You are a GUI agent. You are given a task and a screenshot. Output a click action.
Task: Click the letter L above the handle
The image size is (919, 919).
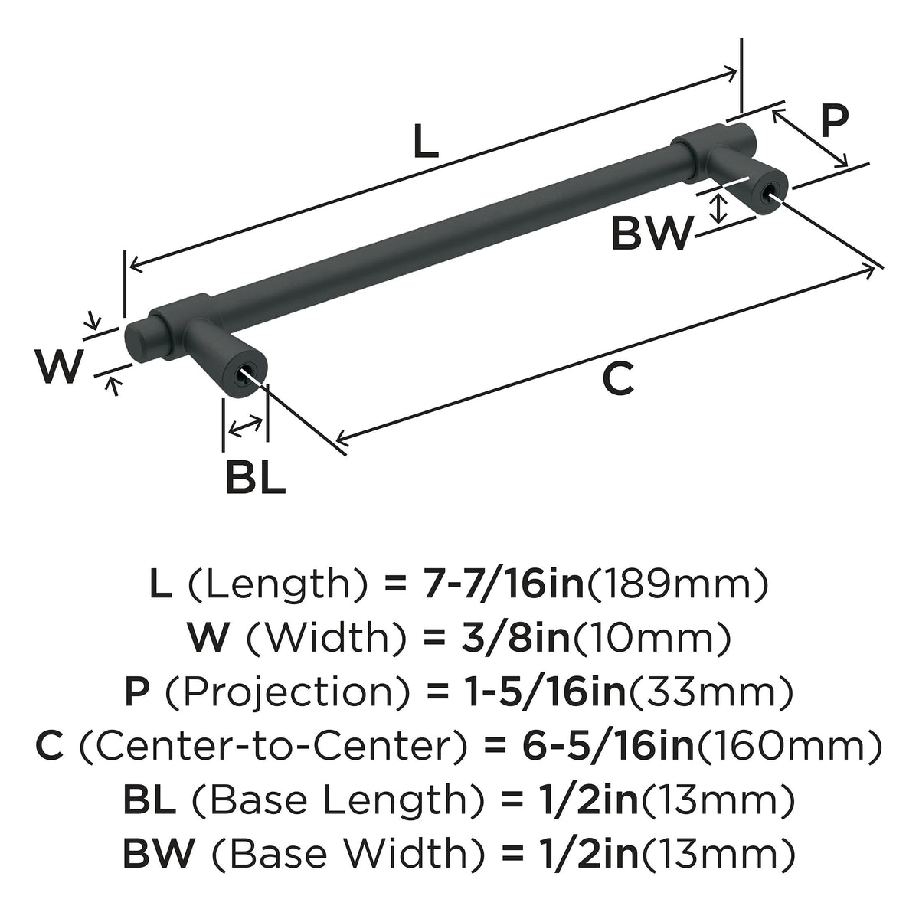pyautogui.click(x=426, y=140)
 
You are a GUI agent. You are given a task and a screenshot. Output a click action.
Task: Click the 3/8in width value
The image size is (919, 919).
pyautogui.click(x=516, y=639)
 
